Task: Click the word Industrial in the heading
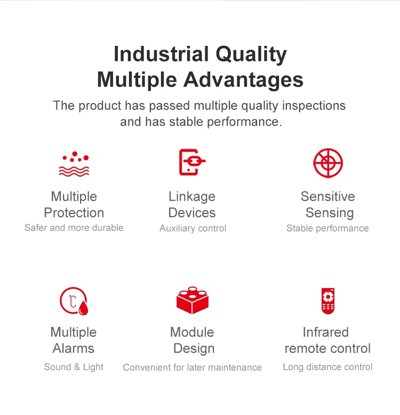[161, 54]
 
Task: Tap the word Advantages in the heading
[243, 80]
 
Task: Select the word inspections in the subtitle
[314, 106]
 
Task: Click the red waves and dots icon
[74, 164]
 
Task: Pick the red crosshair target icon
[328, 163]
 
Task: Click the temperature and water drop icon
[74, 301]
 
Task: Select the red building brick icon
[193, 300]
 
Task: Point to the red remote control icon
[328, 301]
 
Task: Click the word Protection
[74, 213]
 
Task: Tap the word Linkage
[192, 197]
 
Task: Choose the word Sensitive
[328, 197]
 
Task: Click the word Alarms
[74, 348]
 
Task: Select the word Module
[192, 332]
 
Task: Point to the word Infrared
[326, 332]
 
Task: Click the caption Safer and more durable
[74, 228]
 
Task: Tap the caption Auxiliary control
[193, 228]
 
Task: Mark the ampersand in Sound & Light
[77, 367]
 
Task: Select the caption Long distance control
[328, 367]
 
